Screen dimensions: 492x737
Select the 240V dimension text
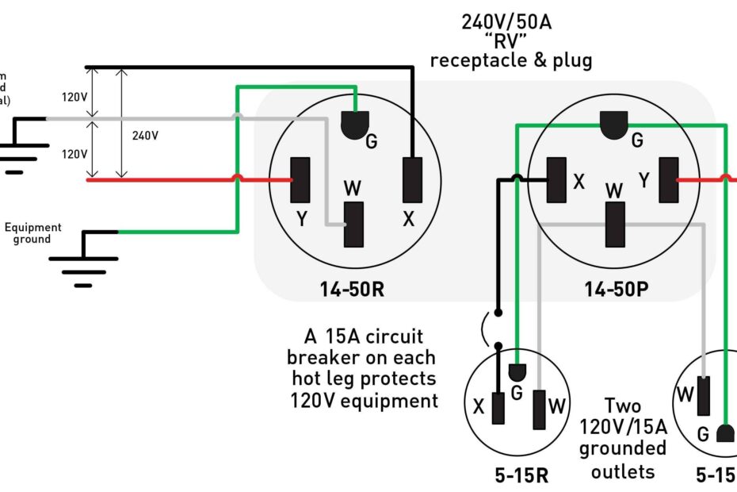[145, 136]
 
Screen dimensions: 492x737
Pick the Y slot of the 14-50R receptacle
[300, 180]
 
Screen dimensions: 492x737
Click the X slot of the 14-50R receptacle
[412, 180]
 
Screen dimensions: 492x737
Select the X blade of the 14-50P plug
[556, 180]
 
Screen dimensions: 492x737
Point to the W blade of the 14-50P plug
[613, 224]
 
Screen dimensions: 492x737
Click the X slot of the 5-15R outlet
[498, 408]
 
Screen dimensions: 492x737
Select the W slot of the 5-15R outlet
[540, 409]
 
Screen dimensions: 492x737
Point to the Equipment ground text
[32, 233]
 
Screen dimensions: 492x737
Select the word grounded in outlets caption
[622, 448]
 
